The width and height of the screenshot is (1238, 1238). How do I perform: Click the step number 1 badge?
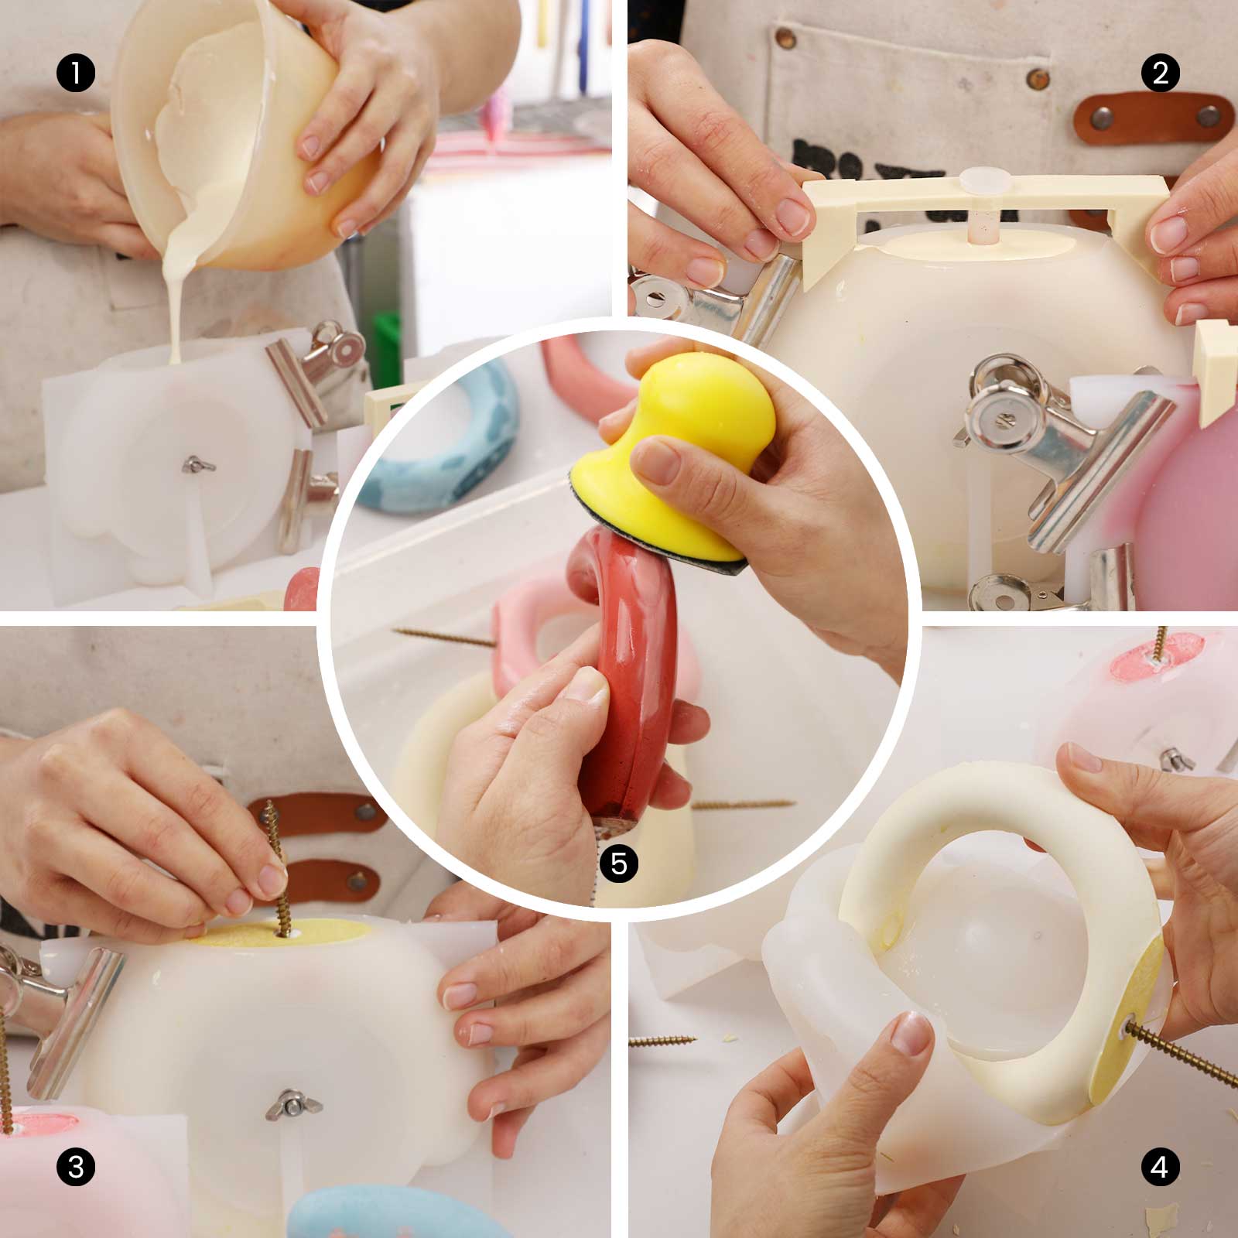75,74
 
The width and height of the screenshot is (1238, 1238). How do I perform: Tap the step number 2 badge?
1160,74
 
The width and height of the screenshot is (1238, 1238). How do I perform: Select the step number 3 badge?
76,1166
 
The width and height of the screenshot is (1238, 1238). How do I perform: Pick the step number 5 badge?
619,864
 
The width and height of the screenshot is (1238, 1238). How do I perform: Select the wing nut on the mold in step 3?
284,1103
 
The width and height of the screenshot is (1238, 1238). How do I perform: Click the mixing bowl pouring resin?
232,132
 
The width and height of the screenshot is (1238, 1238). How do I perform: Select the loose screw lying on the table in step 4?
665,1041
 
